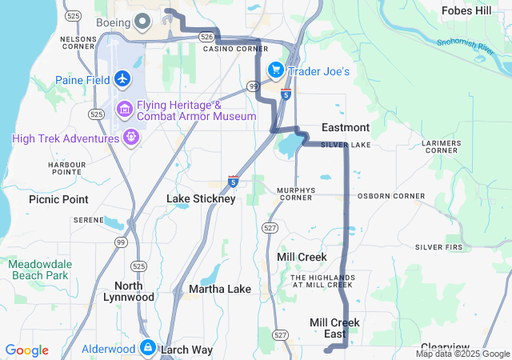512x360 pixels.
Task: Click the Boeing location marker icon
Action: click(x=142, y=22)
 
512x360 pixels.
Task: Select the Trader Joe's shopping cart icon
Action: click(x=275, y=71)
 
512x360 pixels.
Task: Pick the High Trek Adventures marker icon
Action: click(x=132, y=138)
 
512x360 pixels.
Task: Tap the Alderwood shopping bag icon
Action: click(x=147, y=348)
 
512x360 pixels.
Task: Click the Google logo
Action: click(x=26, y=350)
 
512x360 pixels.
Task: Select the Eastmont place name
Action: click(x=346, y=128)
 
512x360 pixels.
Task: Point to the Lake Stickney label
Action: click(x=201, y=198)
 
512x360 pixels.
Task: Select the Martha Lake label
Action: click(x=220, y=288)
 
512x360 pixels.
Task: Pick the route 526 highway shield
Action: click(x=207, y=37)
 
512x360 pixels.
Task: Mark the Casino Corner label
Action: click(x=235, y=49)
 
